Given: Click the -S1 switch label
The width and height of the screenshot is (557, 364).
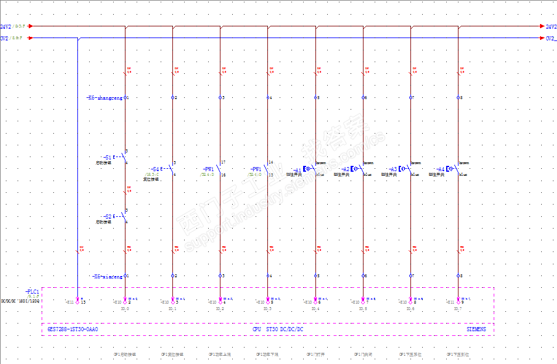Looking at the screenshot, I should coord(107,157).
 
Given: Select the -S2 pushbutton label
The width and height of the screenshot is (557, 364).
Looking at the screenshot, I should coord(107,216).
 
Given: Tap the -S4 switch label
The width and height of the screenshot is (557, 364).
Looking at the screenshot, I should coord(155,169).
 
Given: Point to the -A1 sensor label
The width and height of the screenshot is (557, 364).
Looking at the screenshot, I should coord(297,169).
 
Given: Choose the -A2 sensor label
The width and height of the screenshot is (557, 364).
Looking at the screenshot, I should coord(345,169).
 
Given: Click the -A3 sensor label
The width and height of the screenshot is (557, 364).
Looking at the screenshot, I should coord(392,169).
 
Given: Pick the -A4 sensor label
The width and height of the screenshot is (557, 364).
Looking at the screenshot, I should coord(440,169).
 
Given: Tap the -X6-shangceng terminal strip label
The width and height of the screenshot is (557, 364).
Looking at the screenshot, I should coord(104,98).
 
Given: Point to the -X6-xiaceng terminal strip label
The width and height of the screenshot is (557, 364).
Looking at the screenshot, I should coord(107,275).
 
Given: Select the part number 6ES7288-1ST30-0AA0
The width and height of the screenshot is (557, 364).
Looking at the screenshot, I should coord(73,329).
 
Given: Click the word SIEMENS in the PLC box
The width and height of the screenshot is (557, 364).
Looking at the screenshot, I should coord(476,329).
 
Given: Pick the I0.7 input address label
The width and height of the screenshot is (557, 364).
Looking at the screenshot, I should coord(457,308).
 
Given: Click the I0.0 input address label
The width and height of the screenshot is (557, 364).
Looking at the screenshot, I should coord(124,308).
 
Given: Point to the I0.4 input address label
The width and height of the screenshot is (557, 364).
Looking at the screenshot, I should coord(315,308).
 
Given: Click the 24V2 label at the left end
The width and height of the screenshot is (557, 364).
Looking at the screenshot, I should coord(5,26).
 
